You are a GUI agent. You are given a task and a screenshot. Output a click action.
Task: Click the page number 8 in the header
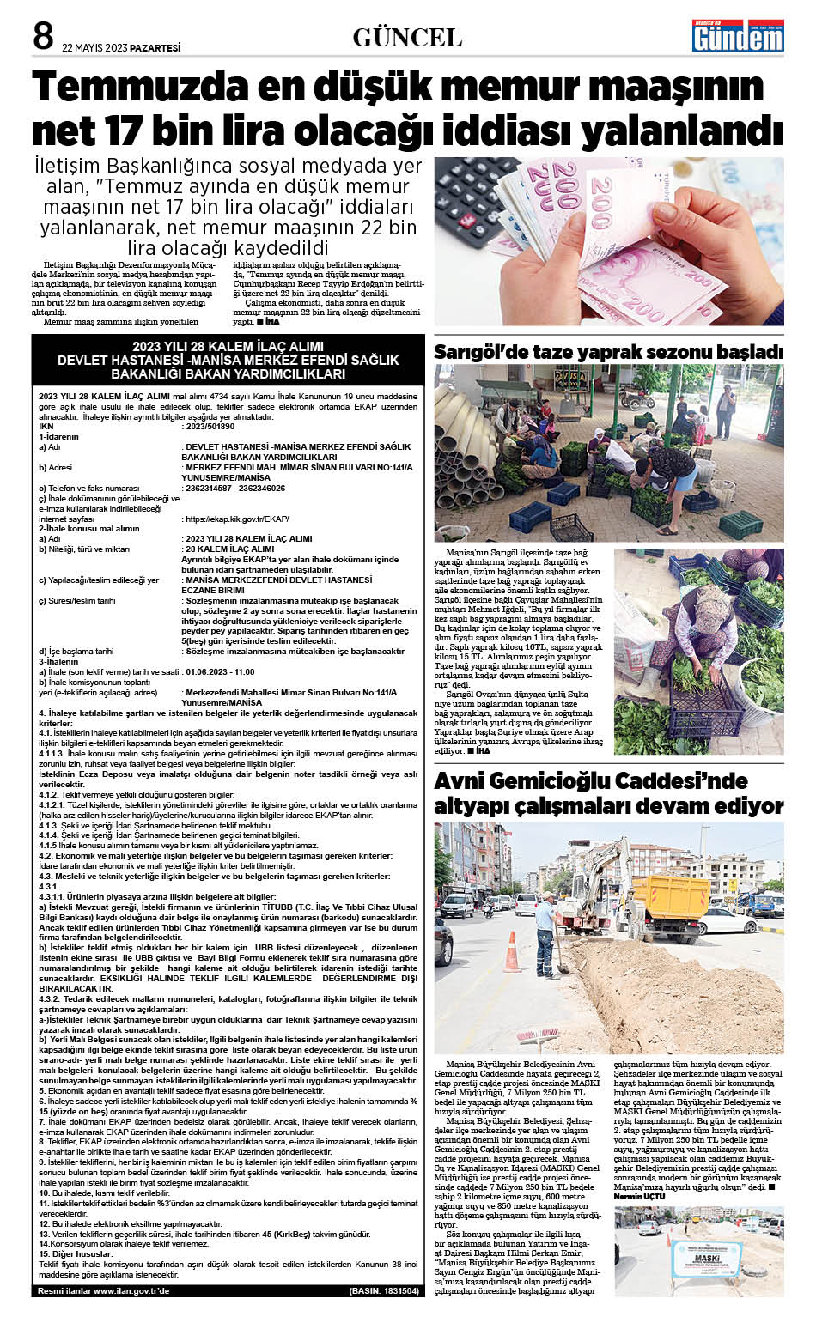43,37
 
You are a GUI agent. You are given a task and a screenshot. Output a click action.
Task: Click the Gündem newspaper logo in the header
739,37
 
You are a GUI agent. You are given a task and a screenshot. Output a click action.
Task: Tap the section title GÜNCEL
407,38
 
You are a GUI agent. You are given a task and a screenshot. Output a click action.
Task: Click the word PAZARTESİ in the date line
155,48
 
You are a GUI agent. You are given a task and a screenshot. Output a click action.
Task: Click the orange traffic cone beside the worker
513,953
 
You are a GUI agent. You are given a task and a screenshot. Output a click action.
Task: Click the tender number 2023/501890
210,427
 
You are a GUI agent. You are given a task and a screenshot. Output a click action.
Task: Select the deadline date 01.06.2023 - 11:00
220,672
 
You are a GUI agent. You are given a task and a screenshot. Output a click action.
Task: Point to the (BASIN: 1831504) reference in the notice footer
384,1290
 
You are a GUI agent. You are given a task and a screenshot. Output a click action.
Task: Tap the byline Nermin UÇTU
640,1197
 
